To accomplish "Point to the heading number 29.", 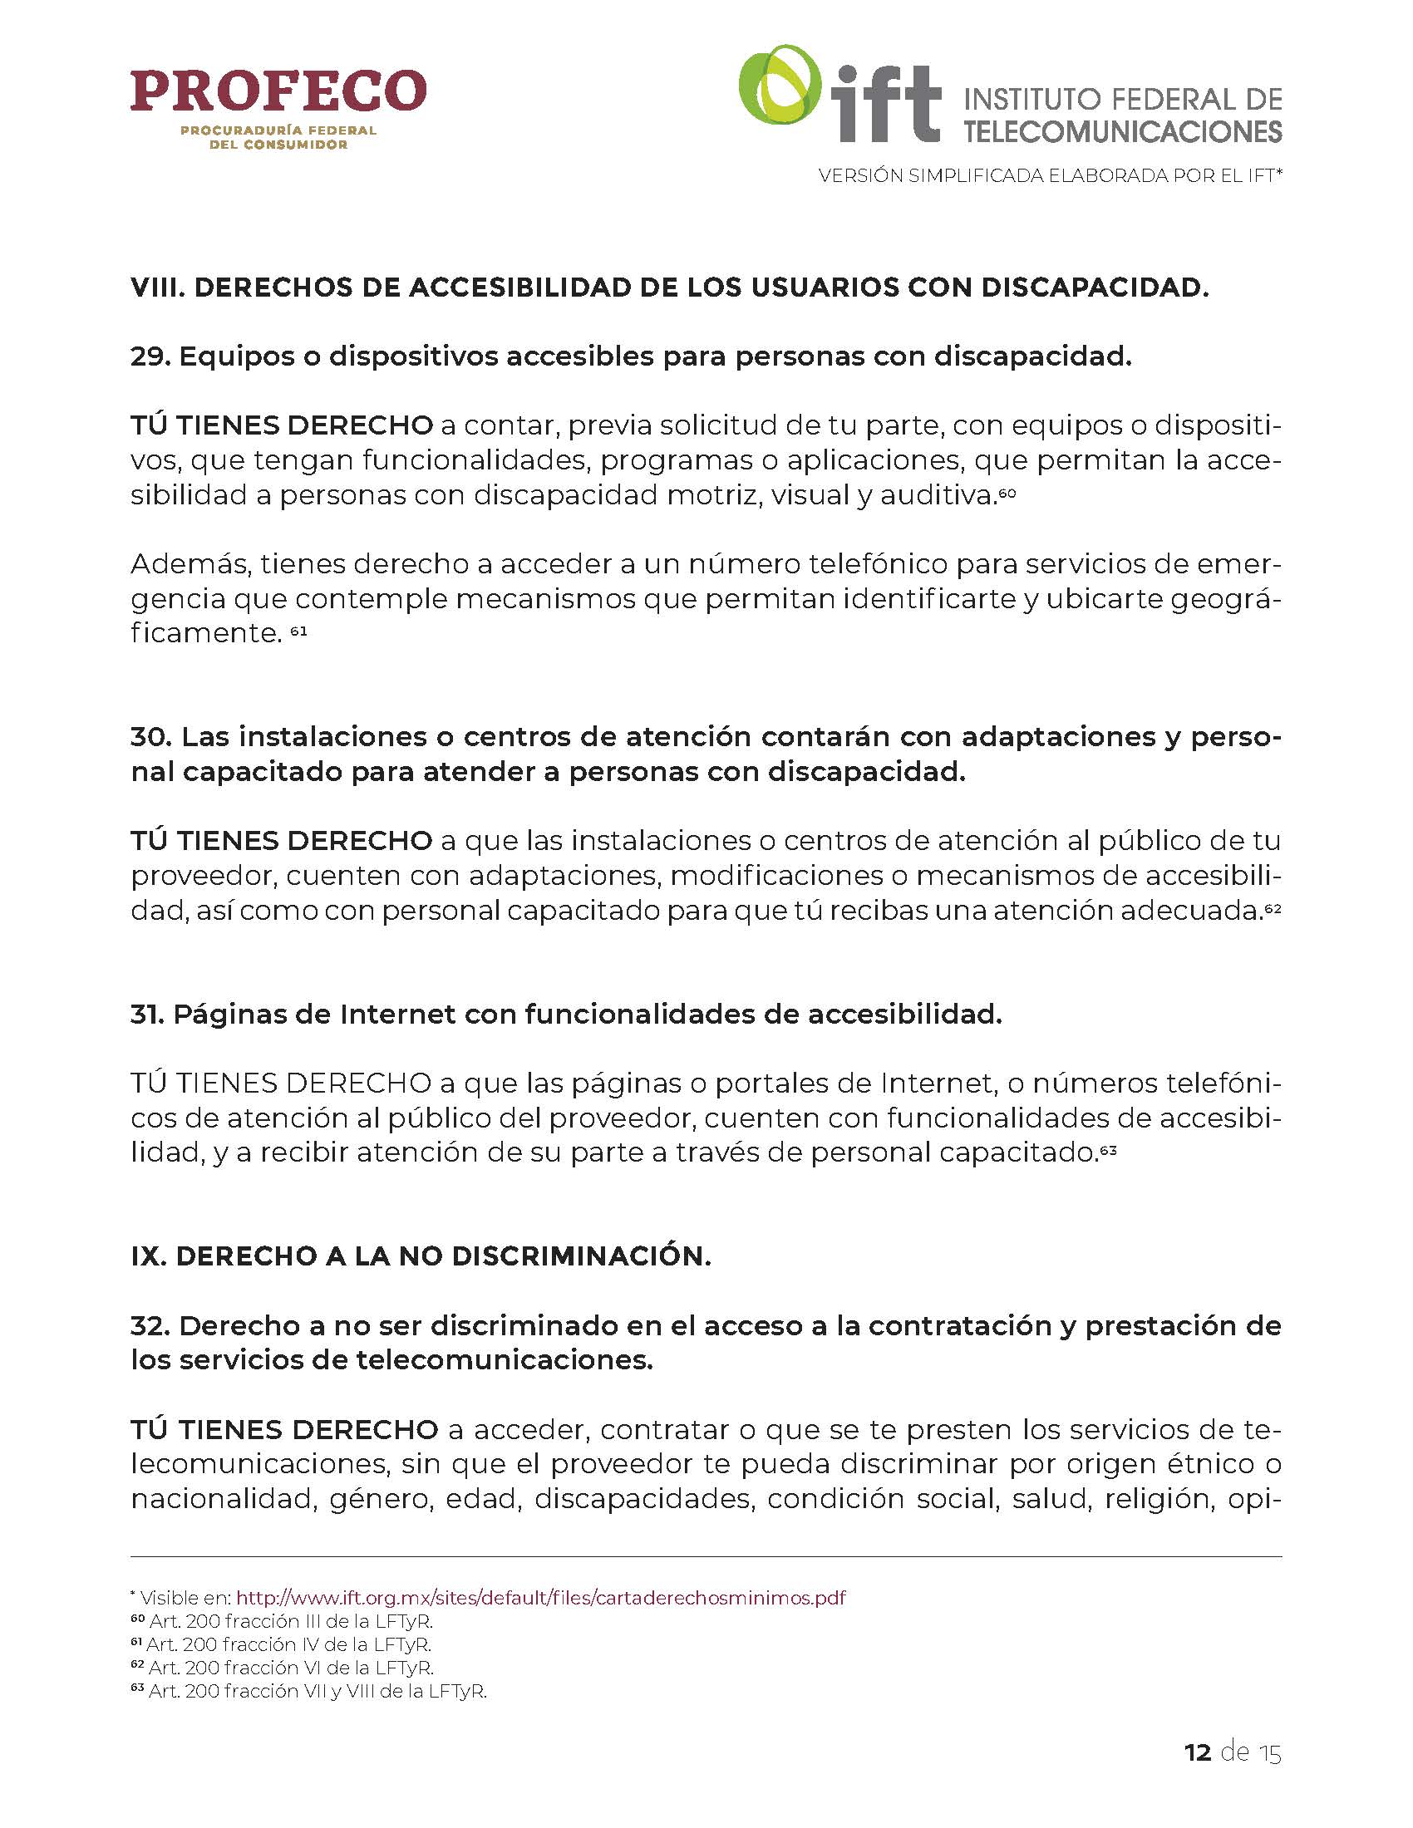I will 150,356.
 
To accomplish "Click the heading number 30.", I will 150,736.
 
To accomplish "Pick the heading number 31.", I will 147,1015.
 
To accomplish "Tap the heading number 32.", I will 150,1326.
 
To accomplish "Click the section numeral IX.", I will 147,1256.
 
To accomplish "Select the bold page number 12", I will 1198,1752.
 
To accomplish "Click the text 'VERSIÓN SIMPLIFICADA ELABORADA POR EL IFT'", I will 1050,176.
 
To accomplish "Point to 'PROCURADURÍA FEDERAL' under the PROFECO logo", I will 278,131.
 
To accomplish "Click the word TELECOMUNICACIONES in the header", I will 1123,131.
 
